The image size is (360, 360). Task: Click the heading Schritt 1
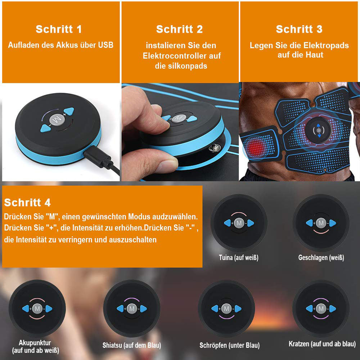click(x=59, y=29)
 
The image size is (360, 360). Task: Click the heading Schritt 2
click(x=179, y=29)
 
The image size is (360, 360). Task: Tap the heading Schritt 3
click(x=299, y=29)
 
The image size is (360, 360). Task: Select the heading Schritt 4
click(x=27, y=202)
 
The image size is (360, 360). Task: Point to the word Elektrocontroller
click(x=182, y=56)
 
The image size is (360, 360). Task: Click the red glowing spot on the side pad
click(x=256, y=147)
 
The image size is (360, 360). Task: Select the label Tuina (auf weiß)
click(x=239, y=257)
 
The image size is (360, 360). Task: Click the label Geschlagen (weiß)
click(x=321, y=257)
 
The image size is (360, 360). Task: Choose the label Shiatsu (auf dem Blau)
click(x=132, y=346)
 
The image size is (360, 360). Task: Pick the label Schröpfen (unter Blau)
click(x=230, y=346)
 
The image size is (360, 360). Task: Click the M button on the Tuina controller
click(x=239, y=223)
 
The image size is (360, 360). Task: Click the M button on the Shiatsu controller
click(x=132, y=309)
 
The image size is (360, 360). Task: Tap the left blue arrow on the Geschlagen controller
click(x=309, y=223)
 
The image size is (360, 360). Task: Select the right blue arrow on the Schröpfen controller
click(x=238, y=309)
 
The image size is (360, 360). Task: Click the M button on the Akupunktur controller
click(x=37, y=309)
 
